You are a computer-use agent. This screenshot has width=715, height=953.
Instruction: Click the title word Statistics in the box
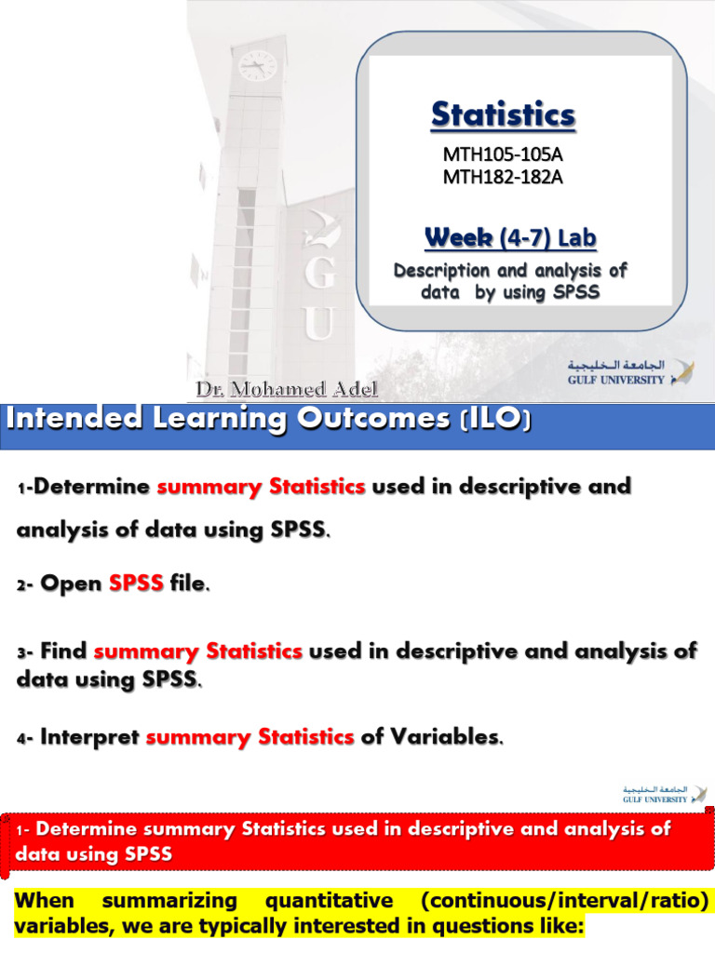[x=503, y=115]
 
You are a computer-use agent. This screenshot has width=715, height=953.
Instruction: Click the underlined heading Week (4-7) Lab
[x=510, y=238]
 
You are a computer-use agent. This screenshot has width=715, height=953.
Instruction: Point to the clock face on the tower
[x=257, y=66]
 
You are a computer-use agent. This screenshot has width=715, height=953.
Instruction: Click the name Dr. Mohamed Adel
[x=287, y=388]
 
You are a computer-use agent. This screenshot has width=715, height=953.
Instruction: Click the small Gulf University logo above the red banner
[x=664, y=794]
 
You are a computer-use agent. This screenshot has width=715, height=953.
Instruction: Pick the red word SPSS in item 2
[x=136, y=584]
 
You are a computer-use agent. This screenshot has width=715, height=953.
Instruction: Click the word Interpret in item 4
[x=90, y=737]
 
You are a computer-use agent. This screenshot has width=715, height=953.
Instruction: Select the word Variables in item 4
[x=446, y=737]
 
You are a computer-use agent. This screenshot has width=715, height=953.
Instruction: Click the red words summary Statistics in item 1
[x=261, y=486]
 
